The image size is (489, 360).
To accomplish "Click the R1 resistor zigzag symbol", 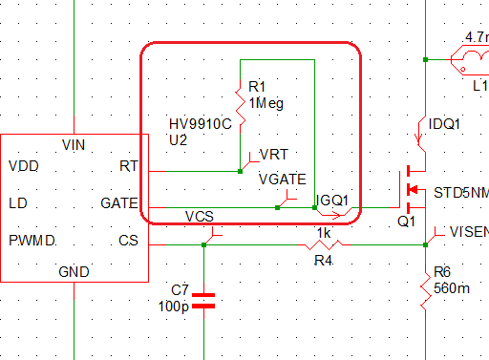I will [239, 105].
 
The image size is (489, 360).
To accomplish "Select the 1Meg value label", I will [266, 103].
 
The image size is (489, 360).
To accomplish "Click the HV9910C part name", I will [201, 124].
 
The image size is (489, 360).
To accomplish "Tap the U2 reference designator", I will [178, 139].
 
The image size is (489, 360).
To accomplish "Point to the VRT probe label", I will [274, 154].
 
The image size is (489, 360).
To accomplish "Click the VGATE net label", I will [283, 179].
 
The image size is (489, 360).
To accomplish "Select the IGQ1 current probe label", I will [333, 201].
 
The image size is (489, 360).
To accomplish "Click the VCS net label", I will [199, 216].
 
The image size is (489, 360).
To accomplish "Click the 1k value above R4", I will [326, 232].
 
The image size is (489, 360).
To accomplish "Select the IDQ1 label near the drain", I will [446, 124].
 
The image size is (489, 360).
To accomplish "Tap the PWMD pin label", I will [31, 239].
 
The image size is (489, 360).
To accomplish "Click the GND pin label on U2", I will [74, 272].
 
